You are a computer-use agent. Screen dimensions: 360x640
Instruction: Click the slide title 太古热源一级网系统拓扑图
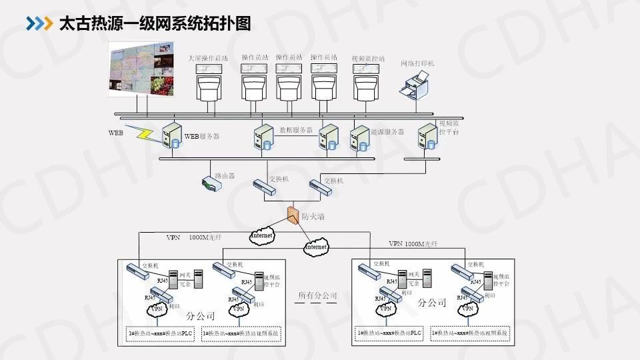(x=155, y=23)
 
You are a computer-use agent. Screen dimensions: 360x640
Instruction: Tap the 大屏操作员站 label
(x=208, y=59)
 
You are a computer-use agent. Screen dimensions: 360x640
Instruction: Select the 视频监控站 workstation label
(x=368, y=59)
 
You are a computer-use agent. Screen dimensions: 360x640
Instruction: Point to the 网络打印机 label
(x=417, y=63)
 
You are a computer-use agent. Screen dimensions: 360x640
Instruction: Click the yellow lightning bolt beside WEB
(x=144, y=133)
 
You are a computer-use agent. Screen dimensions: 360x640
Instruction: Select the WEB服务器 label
(x=201, y=137)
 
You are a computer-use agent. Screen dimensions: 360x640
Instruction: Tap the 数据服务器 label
(x=295, y=130)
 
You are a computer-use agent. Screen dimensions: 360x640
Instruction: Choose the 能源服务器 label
(x=387, y=132)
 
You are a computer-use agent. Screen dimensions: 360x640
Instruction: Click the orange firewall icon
(x=292, y=215)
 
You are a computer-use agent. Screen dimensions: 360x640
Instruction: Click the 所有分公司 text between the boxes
(x=317, y=295)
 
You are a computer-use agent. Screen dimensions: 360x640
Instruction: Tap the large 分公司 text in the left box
(x=201, y=315)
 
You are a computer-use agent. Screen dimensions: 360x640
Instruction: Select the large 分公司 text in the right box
(x=431, y=303)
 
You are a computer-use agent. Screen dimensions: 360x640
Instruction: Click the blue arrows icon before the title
(x=39, y=23)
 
